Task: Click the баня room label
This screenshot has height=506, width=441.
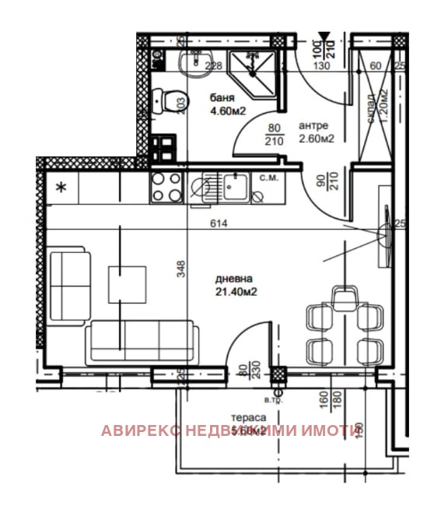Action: tap(222, 99)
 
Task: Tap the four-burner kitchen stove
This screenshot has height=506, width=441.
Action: tap(166, 187)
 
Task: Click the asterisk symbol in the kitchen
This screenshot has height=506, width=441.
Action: tap(61, 188)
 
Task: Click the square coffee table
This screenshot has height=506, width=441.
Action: tap(128, 284)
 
